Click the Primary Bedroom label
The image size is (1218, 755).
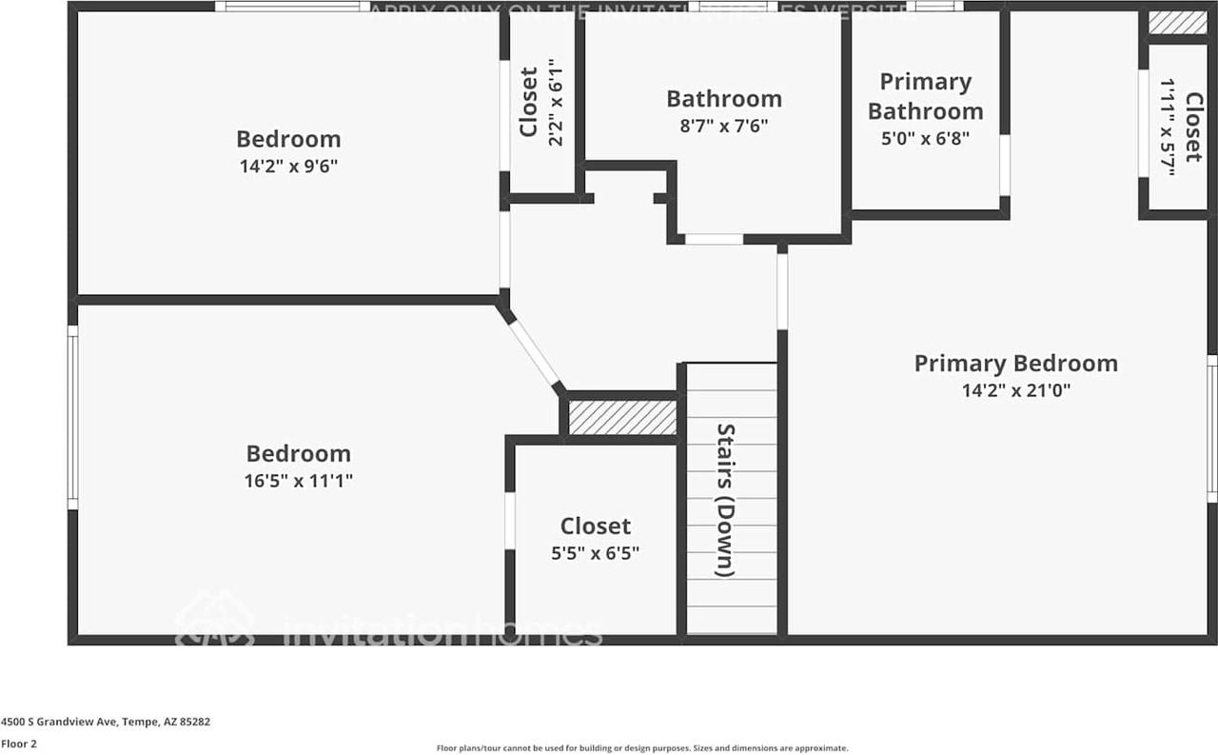pos(1015,364)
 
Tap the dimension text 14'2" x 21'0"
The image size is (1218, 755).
pos(1016,389)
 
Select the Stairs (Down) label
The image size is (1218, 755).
pos(725,500)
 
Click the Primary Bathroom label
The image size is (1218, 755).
pos(925,96)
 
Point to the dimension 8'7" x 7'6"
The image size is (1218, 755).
pos(723,125)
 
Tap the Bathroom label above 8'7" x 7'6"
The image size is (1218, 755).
pos(723,99)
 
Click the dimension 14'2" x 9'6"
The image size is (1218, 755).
pos(288,166)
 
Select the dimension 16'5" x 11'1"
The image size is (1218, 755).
pos(298,481)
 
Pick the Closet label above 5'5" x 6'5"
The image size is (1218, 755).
pos(595,527)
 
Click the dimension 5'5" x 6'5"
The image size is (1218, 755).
pos(595,552)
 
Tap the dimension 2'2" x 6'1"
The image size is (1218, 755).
pos(556,102)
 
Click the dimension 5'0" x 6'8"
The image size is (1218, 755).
pos(925,137)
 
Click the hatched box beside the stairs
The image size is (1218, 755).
pos(622,418)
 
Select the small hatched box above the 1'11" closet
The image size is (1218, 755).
pos(1177,23)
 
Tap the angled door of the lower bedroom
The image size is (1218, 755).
pos(534,351)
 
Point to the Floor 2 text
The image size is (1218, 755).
pos(19,744)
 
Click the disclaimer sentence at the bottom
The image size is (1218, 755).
pos(642,748)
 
